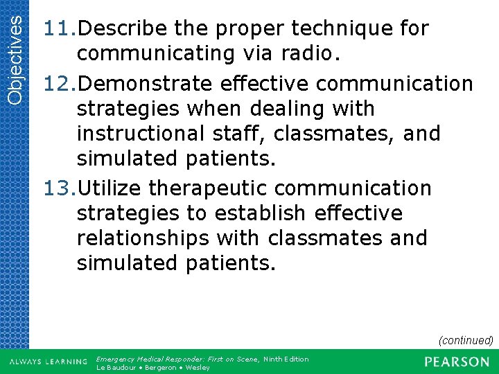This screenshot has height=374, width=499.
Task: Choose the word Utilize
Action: coord(108,188)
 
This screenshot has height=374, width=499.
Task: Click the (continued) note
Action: coord(465,340)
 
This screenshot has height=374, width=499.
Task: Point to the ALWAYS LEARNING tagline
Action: coord(48,362)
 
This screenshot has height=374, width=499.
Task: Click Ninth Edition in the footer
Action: coord(286,359)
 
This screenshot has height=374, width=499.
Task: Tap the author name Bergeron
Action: coord(160,367)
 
